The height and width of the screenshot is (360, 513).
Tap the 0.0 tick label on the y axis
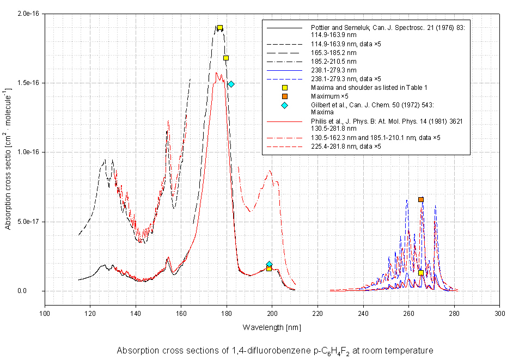pos(37,291)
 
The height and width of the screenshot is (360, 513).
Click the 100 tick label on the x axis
pos(45,314)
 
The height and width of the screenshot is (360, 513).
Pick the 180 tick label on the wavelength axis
pos(227,314)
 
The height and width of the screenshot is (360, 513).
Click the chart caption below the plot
pos(275,351)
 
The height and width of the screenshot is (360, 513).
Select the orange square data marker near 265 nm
pos(420,200)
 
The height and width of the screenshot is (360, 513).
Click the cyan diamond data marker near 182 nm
pos(231,84)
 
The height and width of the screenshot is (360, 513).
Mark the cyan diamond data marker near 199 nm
pos(269,264)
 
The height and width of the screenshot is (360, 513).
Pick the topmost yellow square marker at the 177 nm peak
pos(220,28)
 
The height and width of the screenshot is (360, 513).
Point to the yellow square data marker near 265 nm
pos(420,273)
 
